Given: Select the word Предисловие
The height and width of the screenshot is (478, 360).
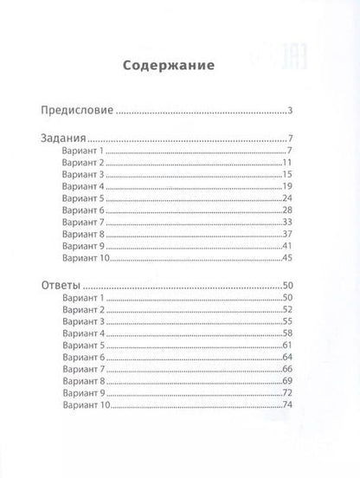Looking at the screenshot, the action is point(78,111).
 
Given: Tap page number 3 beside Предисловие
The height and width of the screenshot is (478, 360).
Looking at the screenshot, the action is point(293,111).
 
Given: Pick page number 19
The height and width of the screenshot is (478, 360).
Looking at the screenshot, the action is point(289,186).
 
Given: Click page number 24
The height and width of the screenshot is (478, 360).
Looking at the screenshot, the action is point(289,198).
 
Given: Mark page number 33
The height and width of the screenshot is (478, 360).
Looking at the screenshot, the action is point(289,223).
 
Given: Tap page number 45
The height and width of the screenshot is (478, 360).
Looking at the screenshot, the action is point(289,258).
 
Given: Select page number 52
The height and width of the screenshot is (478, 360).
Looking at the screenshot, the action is point(289,310).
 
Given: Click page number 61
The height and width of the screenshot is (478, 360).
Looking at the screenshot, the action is point(289,346).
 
